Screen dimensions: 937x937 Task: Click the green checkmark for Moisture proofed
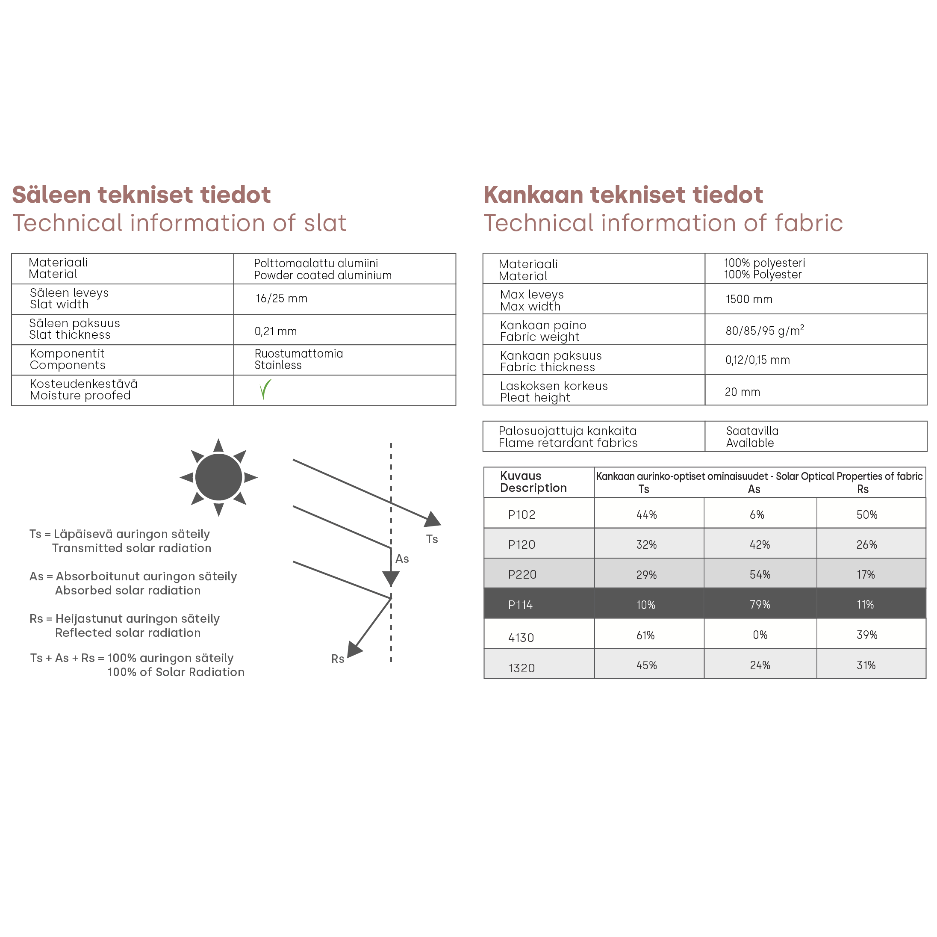(265, 390)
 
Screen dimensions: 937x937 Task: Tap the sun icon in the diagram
(218, 477)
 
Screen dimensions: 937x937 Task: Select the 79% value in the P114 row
(760, 604)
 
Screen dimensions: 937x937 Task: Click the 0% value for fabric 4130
(760, 635)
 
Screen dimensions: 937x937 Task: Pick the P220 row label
(522, 574)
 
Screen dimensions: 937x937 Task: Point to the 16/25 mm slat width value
(281, 299)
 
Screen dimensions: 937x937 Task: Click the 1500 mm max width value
(748, 299)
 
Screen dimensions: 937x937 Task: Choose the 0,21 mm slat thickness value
(275, 331)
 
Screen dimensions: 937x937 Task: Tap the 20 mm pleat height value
(742, 392)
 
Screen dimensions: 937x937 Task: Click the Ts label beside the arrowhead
(432, 539)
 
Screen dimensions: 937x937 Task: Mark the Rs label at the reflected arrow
(338, 659)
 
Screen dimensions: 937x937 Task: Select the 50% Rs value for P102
(866, 514)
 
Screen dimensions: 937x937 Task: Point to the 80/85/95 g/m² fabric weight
(764, 331)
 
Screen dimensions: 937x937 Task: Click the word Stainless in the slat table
(278, 365)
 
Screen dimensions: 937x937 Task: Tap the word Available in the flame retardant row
(749, 443)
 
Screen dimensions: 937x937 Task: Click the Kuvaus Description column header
(533, 482)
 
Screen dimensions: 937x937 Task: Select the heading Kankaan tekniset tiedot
(623, 195)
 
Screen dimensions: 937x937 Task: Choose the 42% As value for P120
(760, 544)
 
